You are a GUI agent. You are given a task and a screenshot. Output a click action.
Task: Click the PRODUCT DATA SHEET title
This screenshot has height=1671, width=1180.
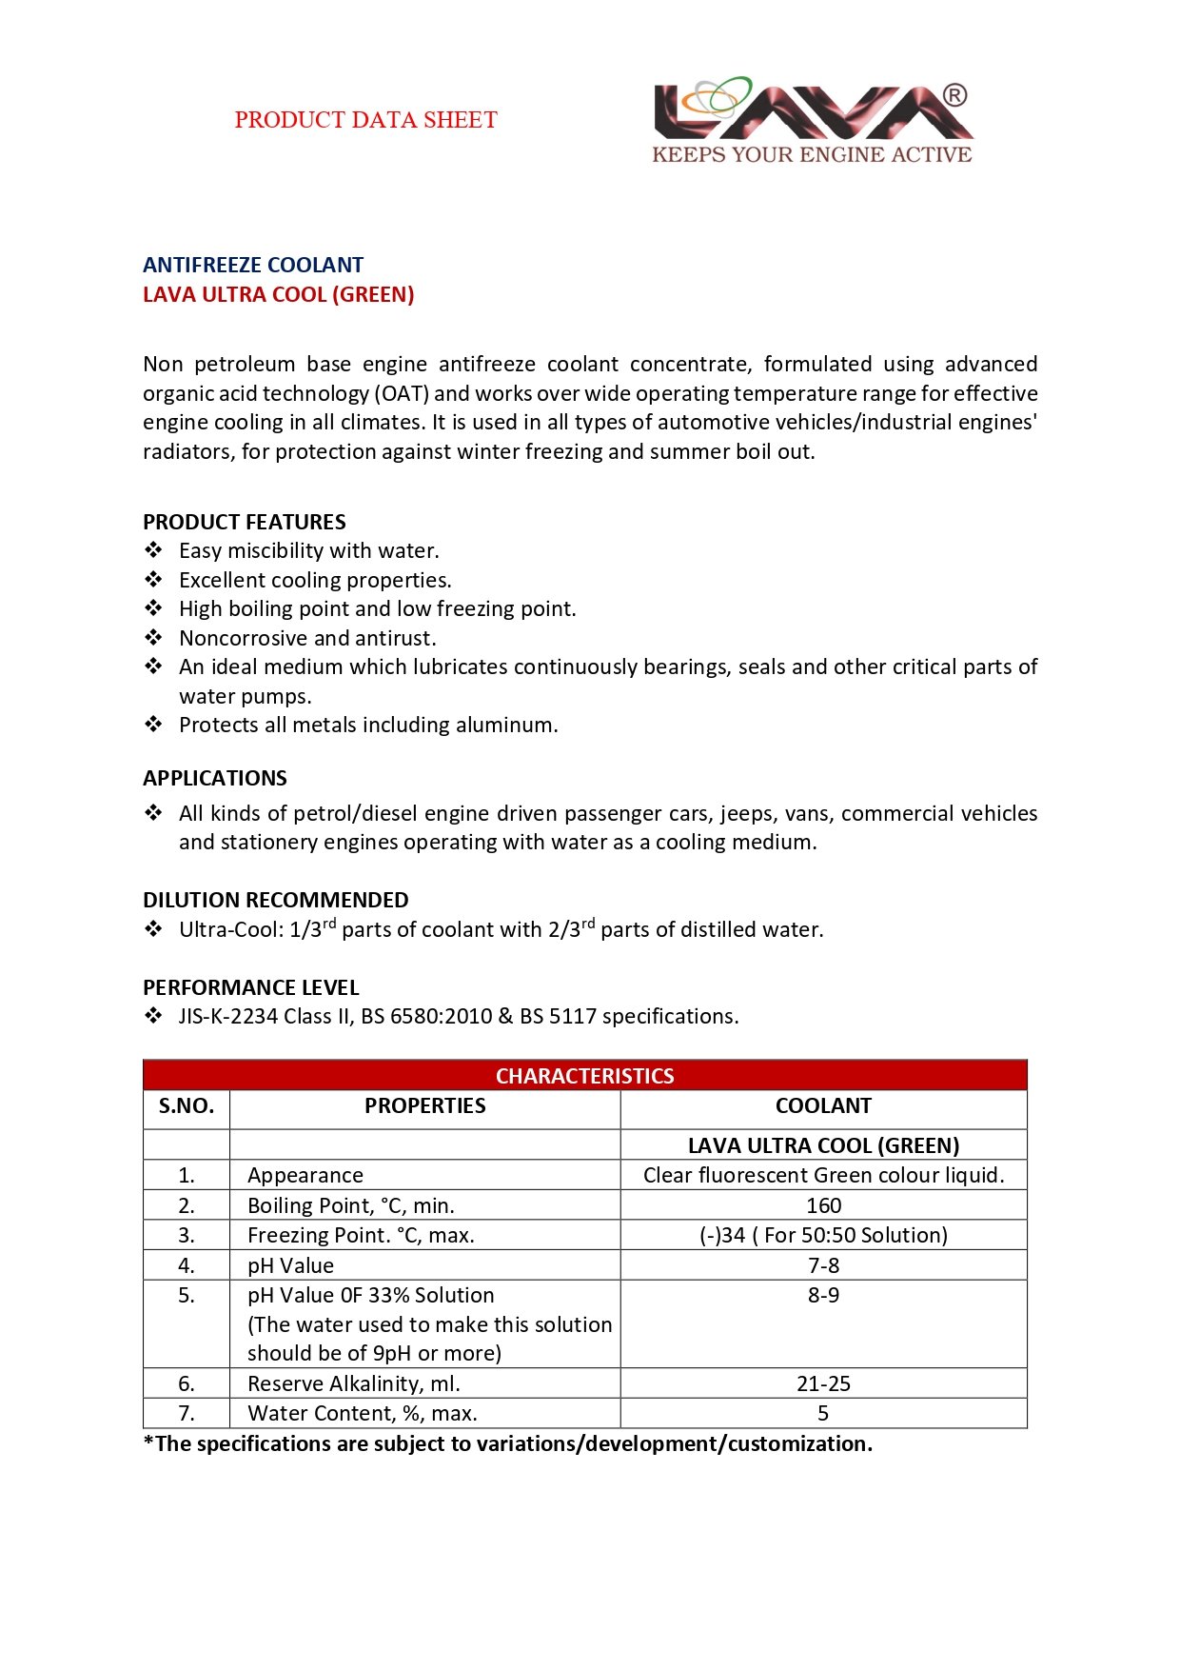point(365,120)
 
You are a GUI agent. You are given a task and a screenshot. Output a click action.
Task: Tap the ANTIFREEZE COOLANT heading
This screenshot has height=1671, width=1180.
point(253,265)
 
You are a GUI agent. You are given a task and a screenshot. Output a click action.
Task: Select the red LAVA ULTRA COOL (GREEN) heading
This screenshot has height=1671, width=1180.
point(278,294)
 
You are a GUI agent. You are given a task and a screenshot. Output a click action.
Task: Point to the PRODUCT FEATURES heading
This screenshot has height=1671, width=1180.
point(245,522)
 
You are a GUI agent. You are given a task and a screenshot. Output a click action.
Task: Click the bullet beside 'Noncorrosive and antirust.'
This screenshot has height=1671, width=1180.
point(153,638)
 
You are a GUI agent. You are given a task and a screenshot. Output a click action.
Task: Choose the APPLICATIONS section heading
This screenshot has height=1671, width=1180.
point(215,778)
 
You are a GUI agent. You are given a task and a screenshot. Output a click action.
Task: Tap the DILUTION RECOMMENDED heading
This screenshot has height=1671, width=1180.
point(276,900)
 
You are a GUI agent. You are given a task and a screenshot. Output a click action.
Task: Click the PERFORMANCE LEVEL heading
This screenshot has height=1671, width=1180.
point(251,987)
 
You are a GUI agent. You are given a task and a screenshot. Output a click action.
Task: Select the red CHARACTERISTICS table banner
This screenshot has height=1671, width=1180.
point(584,1076)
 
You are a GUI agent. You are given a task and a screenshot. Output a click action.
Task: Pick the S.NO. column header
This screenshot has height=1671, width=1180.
point(187,1105)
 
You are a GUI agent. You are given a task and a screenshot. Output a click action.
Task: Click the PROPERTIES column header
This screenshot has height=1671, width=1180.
point(424,1105)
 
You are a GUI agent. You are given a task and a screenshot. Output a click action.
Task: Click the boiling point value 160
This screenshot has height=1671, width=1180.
point(823,1205)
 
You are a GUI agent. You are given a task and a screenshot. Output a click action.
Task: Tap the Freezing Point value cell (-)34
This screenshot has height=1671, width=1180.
point(823,1235)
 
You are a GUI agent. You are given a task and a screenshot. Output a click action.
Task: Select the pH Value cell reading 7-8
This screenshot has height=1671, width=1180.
point(823,1265)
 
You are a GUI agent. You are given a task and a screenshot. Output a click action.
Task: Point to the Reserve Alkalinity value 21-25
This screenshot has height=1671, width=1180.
point(823,1383)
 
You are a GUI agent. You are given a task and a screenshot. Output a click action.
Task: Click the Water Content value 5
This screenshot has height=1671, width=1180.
point(823,1413)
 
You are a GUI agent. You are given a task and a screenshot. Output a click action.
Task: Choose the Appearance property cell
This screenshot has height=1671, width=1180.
point(305,1175)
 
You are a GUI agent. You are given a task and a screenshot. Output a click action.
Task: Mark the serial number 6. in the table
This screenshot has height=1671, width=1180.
point(187,1383)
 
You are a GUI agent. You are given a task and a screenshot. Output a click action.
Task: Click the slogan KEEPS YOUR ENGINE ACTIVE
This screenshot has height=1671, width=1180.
point(812,154)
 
